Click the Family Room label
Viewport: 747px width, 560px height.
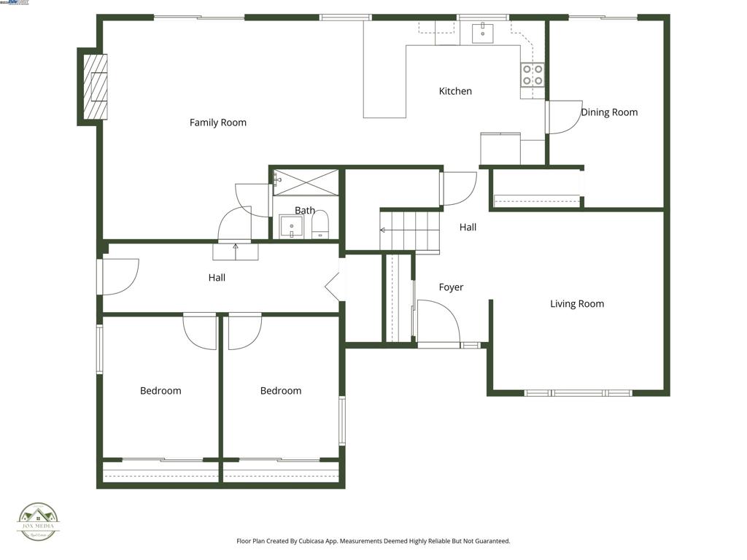pyautogui.click(x=217, y=122)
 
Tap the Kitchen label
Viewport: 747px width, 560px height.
pyautogui.click(x=455, y=91)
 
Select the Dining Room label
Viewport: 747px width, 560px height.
pyautogui.click(x=609, y=112)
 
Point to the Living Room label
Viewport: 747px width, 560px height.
pyautogui.click(x=577, y=304)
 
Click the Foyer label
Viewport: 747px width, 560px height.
pyautogui.click(x=451, y=287)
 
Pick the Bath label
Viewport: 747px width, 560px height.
pyautogui.click(x=305, y=211)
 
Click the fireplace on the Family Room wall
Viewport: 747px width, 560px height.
pyautogui.click(x=94, y=86)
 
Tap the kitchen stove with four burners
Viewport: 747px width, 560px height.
pyautogui.click(x=532, y=74)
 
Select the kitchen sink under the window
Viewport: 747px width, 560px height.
pyautogui.click(x=483, y=33)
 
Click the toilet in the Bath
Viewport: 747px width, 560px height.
pyautogui.click(x=321, y=227)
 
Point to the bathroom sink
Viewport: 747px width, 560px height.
pyautogui.click(x=292, y=227)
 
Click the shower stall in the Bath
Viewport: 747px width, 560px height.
pyautogui.click(x=306, y=182)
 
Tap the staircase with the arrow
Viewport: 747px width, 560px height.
pyautogui.click(x=410, y=230)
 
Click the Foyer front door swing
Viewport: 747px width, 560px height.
pyautogui.click(x=438, y=322)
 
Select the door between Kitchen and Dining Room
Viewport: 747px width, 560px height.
pyautogui.click(x=563, y=117)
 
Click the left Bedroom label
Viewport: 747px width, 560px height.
pyautogui.click(x=160, y=391)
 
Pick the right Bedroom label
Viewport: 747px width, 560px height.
pyautogui.click(x=281, y=391)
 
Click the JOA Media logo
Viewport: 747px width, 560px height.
pyautogui.click(x=39, y=522)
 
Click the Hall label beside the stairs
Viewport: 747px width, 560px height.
pyautogui.click(x=468, y=227)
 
